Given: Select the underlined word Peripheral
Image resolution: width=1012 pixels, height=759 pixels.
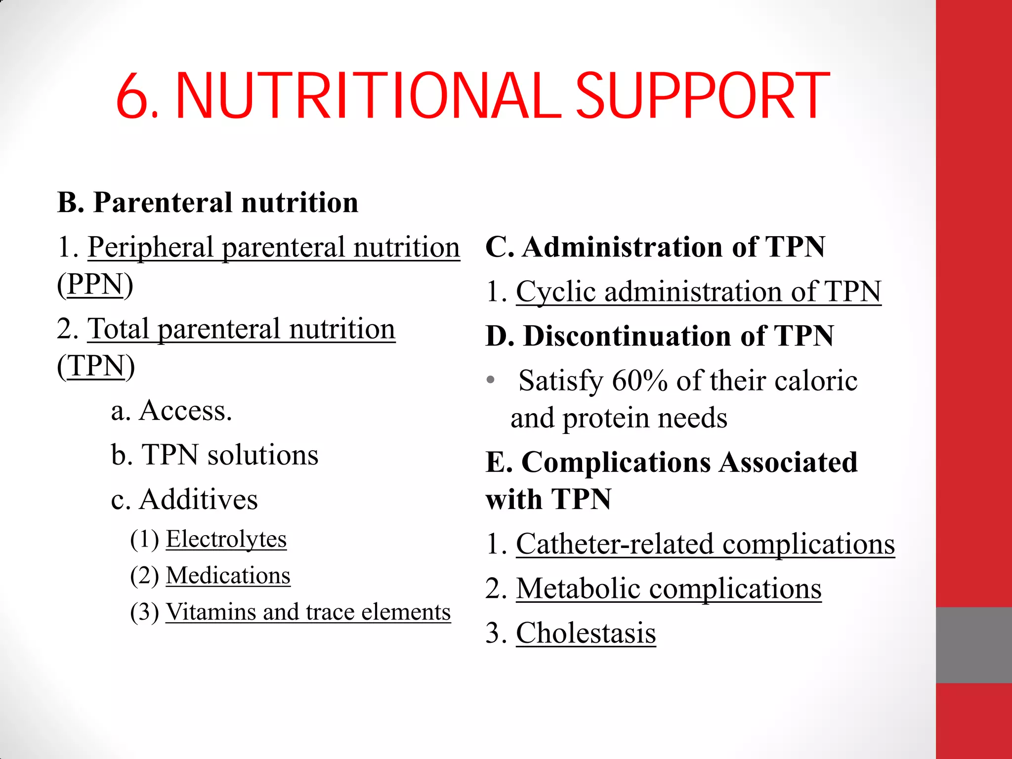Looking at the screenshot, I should click(x=150, y=248).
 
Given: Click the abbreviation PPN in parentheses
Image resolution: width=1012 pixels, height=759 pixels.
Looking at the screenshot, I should click(x=95, y=285).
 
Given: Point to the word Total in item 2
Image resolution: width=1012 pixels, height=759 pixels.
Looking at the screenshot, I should click(x=118, y=329).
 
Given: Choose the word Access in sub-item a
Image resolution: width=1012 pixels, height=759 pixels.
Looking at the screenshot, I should click(x=185, y=411).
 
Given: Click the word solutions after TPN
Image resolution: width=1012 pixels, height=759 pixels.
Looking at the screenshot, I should click(x=263, y=455).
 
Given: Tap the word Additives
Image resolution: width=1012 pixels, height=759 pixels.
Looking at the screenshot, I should click(x=199, y=500).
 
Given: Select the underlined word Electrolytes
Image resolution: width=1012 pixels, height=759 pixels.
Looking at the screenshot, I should click(x=226, y=539).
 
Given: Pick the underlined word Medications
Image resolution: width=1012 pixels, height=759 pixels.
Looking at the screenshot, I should click(x=228, y=576).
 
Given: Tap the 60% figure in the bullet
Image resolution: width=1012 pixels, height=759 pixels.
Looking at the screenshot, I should click(x=640, y=381).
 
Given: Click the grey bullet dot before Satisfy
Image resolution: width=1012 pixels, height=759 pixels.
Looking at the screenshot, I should click(x=490, y=380).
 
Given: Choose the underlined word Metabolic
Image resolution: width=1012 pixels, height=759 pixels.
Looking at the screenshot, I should click(x=578, y=589).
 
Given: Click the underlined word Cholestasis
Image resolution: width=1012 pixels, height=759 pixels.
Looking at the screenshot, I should click(x=586, y=633).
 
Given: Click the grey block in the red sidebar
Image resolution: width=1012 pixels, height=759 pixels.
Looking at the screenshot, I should click(x=973, y=645).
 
